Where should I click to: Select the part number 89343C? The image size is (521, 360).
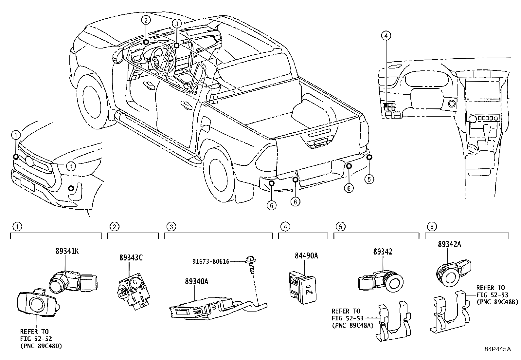coord(131,258)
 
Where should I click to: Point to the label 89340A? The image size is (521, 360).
coord(197,281)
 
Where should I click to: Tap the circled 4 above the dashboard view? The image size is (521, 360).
coord(386,35)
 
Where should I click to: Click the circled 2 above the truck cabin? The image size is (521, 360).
coord(146,20)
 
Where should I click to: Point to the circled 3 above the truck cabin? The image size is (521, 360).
coord(176,24)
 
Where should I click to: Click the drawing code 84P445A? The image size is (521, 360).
coord(497,349)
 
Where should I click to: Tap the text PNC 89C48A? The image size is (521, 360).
coord(352,325)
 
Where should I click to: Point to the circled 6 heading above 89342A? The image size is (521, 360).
coord(432,226)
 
